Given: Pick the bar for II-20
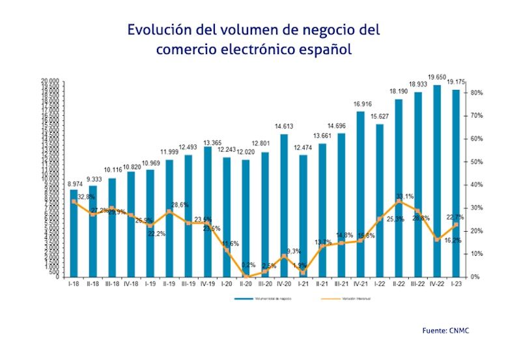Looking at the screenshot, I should coord(246,217).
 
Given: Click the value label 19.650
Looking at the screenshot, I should coord(436,77).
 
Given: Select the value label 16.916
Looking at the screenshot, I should coord(360,104).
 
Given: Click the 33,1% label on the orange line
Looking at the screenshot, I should coord(404,196).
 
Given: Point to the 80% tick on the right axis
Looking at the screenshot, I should coord(476,93).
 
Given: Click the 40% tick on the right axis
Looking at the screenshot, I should coord(476,185).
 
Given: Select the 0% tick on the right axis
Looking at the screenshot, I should coord(475,277).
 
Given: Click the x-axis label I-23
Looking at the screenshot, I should coord(456,284).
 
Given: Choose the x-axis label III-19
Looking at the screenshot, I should coord(188,284).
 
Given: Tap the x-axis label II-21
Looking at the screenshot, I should coord(322,284).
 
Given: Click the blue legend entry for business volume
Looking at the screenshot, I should coord(257,299).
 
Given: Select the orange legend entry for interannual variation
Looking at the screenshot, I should coord(342,299).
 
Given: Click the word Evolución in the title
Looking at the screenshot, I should coord(160,30).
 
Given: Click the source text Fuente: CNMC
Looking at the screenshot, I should coord(445,331).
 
